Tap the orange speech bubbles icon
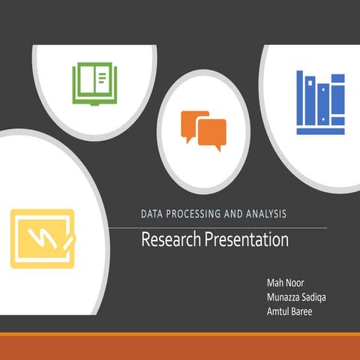[203, 130]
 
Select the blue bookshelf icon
[320, 103]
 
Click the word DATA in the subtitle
[153, 214]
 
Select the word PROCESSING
[196, 214]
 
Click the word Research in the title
[169, 241]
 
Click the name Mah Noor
[286, 283]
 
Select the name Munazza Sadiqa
[296, 297]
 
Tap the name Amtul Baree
[289, 311]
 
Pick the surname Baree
[301, 311]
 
